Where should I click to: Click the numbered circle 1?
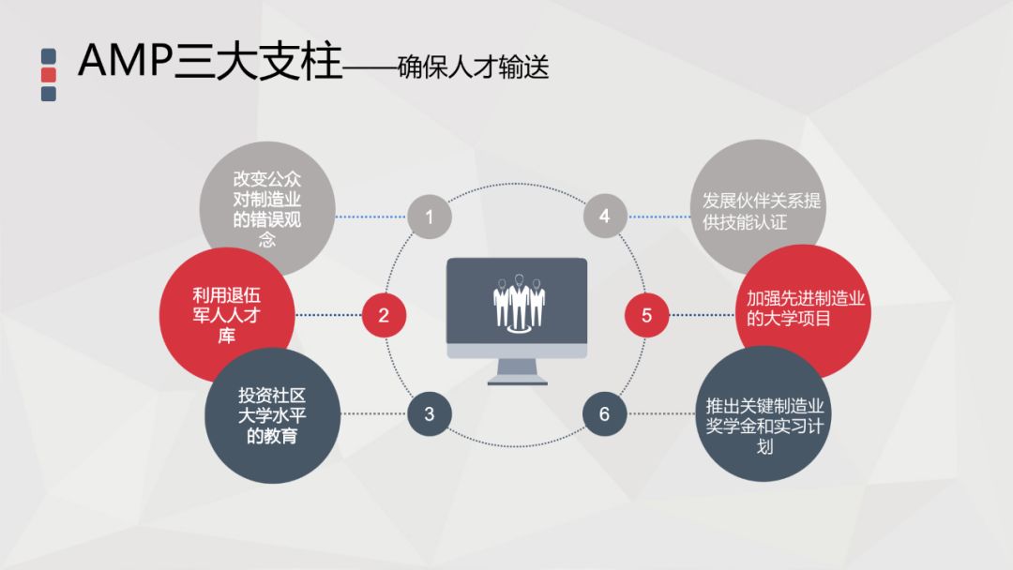click(x=430, y=217)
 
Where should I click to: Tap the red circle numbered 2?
click(x=384, y=315)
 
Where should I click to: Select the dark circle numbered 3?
click(x=430, y=413)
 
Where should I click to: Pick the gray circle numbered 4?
click(x=604, y=217)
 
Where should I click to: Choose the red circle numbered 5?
click(x=647, y=315)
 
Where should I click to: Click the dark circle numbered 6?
click(x=604, y=413)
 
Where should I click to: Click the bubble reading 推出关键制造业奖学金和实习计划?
click(x=765, y=419)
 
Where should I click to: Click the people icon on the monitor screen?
click(x=518, y=301)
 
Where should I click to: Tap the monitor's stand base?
click(x=517, y=381)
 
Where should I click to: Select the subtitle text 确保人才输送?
click(x=473, y=67)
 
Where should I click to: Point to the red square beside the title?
click(x=50, y=75)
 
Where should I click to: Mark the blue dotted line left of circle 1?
click(x=370, y=217)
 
